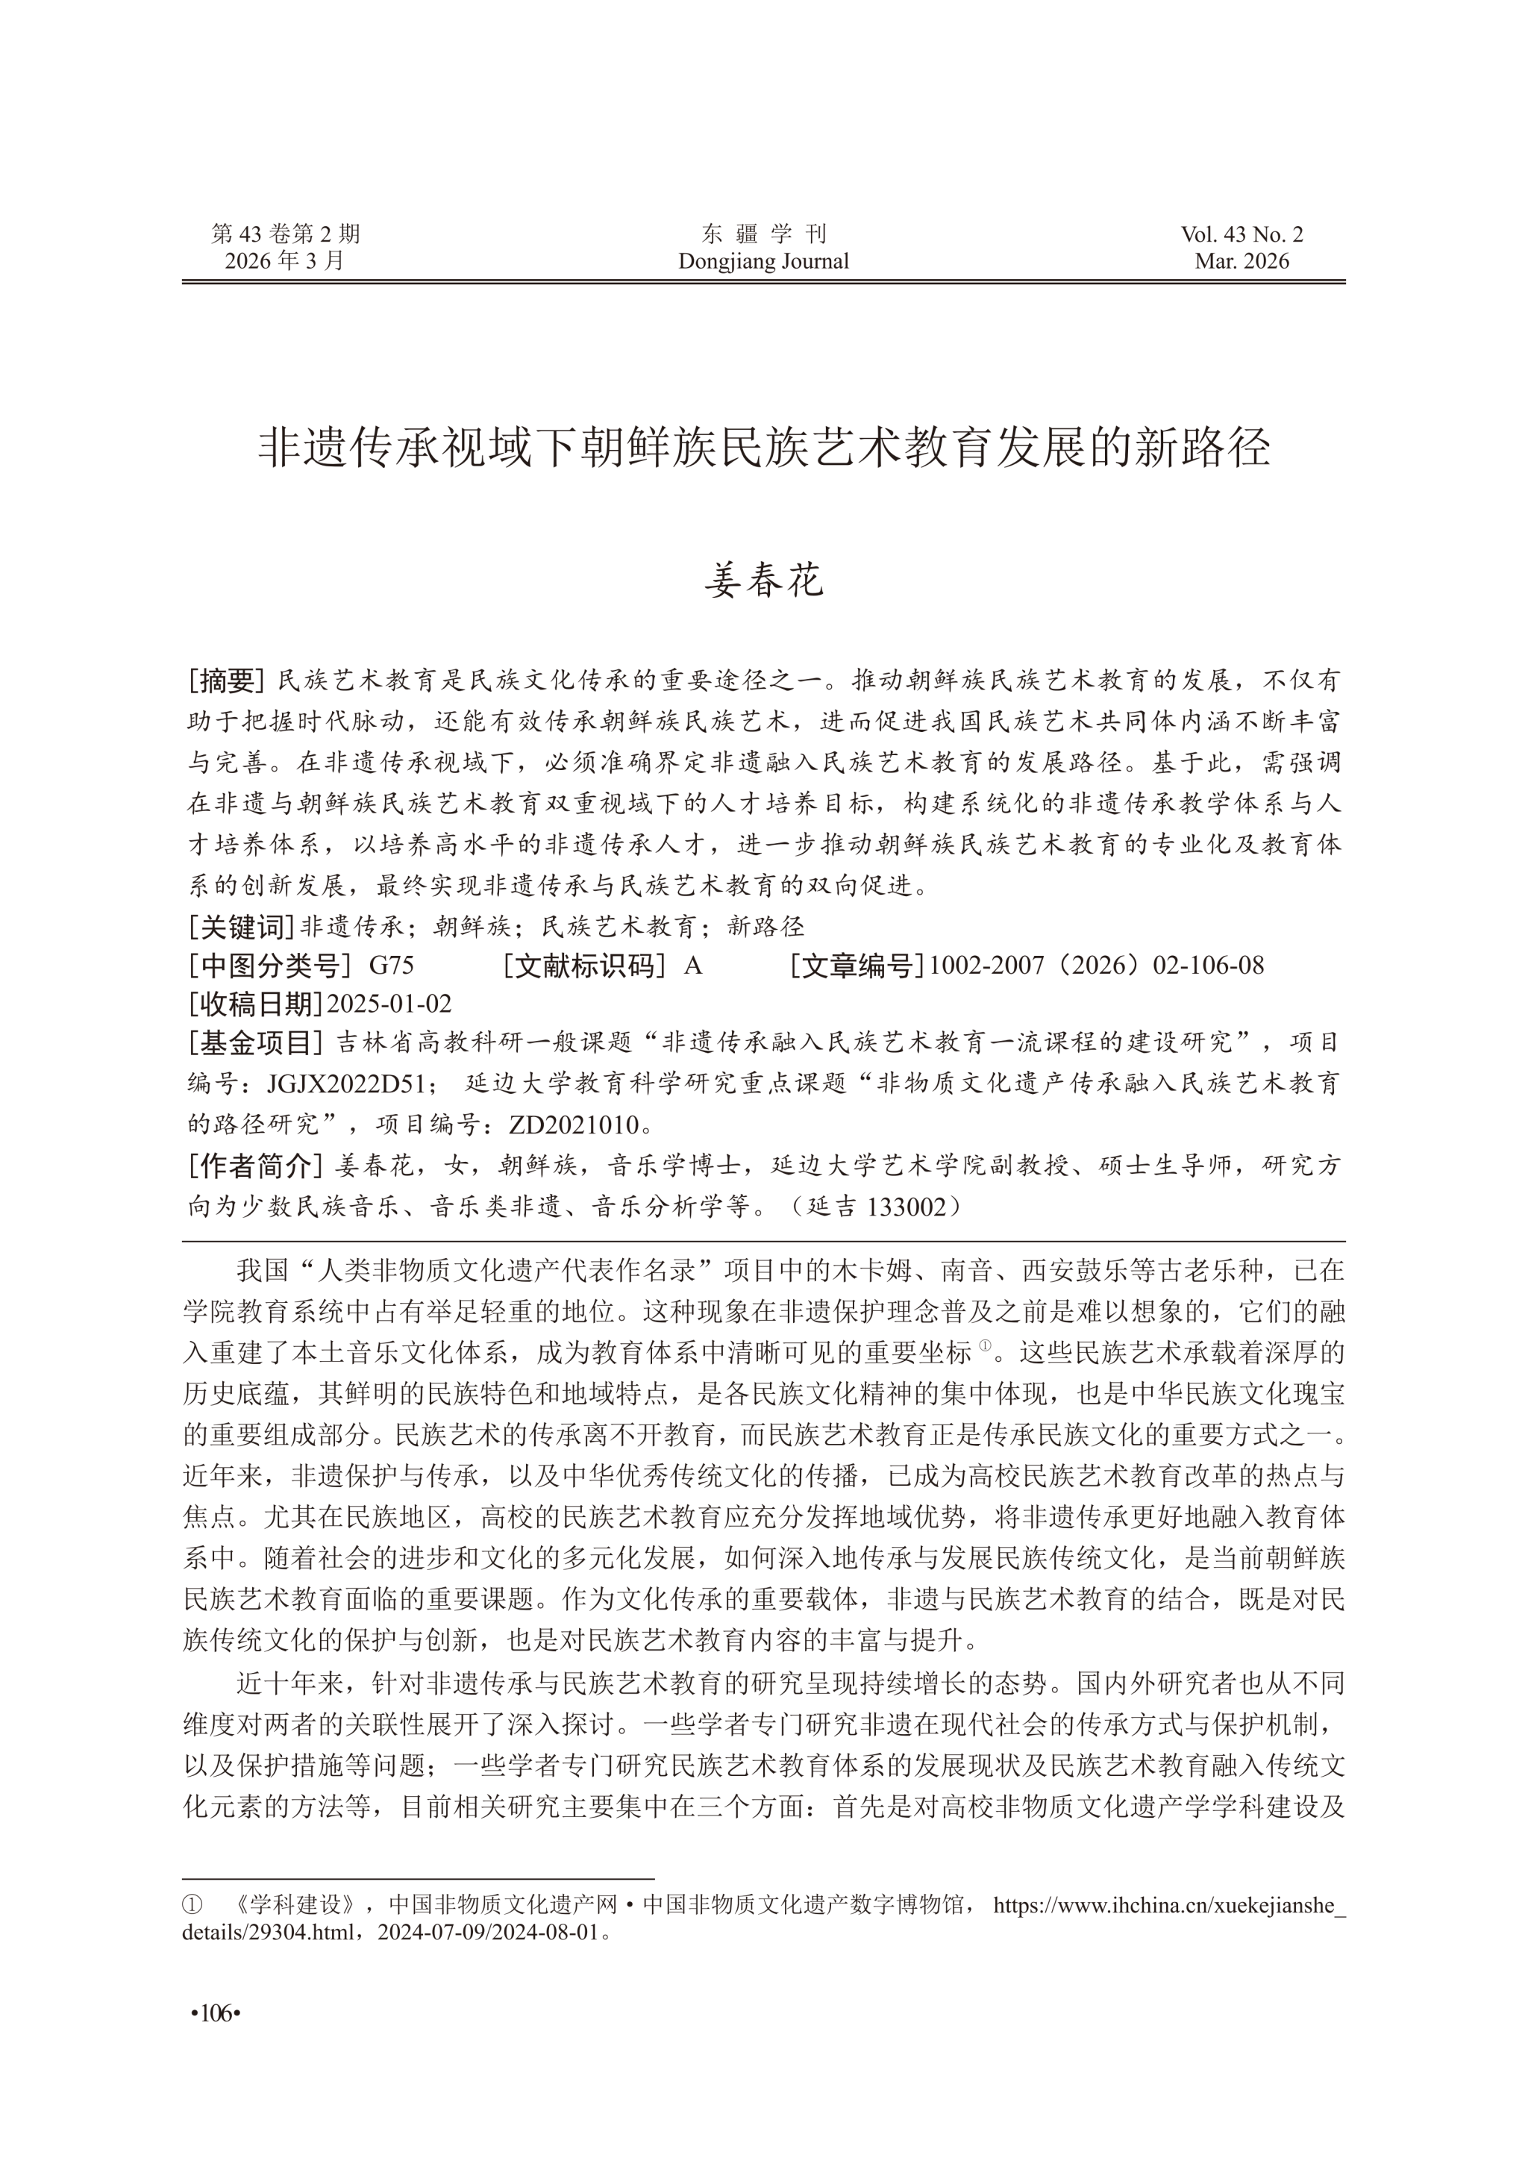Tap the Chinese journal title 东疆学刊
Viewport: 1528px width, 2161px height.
tap(763, 234)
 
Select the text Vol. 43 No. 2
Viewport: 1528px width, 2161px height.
tap(1242, 234)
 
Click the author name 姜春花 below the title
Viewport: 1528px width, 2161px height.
tap(763, 581)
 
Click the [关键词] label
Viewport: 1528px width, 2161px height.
tap(241, 927)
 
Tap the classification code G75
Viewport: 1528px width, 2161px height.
tap(392, 965)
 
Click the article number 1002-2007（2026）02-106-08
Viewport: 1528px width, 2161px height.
tap(1096, 965)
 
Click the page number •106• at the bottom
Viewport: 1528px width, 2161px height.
tap(216, 2013)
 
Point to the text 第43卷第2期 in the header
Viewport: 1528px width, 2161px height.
tap(285, 234)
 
